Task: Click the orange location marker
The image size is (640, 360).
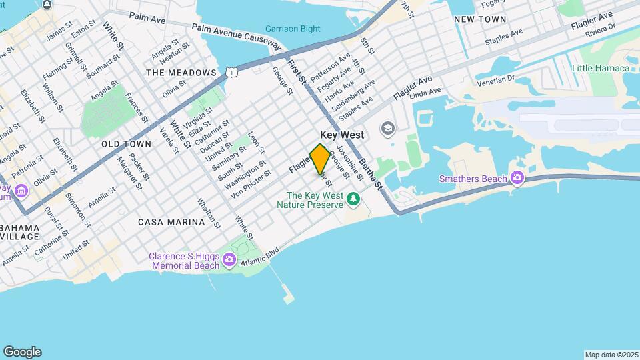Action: (x=320, y=159)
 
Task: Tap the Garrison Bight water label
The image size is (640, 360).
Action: (x=292, y=29)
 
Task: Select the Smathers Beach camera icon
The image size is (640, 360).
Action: (x=517, y=178)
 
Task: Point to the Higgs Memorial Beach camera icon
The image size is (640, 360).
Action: (x=230, y=260)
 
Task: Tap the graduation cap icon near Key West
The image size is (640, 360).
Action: (x=387, y=127)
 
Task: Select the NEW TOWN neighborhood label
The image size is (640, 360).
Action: (x=480, y=19)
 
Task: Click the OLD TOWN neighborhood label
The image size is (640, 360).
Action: (x=127, y=144)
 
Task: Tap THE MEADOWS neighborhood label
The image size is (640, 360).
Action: (x=181, y=72)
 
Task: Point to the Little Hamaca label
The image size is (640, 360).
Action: (x=601, y=68)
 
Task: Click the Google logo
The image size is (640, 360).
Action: (x=22, y=351)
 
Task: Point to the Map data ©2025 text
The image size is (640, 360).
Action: (x=610, y=355)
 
